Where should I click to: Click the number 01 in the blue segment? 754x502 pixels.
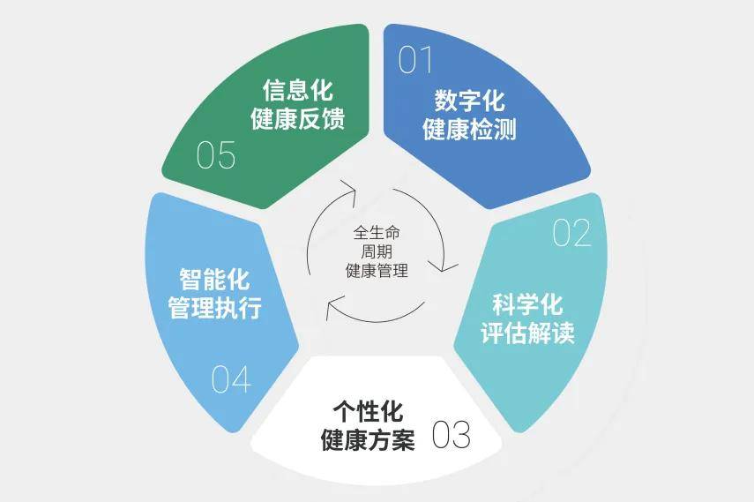click(415, 60)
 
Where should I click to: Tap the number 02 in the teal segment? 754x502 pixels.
click(571, 234)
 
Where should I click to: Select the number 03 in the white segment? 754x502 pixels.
click(451, 435)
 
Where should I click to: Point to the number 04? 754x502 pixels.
click(231, 379)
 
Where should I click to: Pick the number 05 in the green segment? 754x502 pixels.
click(216, 155)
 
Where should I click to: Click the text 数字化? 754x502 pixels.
click(470, 101)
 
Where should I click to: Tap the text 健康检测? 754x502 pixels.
click(470, 130)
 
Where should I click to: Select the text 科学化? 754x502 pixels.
click(527, 304)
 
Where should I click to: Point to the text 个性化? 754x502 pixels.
click(368, 411)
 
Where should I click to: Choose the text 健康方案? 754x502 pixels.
click(368, 440)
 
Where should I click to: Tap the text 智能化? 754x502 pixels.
click(214, 280)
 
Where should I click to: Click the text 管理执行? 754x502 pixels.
click(214, 308)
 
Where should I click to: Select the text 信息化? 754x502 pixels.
click(298, 90)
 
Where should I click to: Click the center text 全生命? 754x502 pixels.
click(377, 233)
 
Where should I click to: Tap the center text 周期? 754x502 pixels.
click(377, 251)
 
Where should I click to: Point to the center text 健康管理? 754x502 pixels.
click(377, 271)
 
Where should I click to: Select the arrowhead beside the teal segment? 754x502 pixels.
click(444, 266)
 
